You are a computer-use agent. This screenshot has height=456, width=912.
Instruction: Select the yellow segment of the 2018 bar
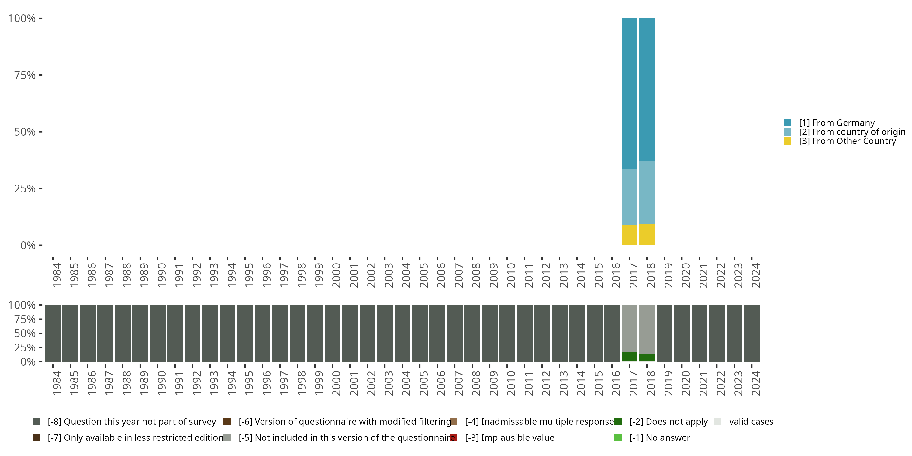tap(647, 234)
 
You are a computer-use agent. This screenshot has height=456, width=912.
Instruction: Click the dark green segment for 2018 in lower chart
tap(647, 358)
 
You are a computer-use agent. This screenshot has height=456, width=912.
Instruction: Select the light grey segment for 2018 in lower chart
tap(647, 329)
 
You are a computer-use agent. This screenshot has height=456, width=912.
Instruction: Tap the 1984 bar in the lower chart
tap(53, 333)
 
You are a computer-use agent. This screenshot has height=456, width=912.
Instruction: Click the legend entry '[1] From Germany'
tap(837, 123)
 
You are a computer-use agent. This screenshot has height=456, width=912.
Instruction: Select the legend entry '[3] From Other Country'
tap(847, 141)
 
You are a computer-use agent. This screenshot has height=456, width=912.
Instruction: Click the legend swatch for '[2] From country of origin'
tap(787, 132)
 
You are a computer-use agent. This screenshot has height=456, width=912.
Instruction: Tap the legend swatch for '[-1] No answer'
tap(618, 437)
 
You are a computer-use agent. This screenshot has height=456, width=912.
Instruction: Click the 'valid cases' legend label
tap(751, 422)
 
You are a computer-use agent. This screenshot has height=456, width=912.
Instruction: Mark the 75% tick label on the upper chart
tap(25, 75)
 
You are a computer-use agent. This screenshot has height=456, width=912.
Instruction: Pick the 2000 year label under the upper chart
tap(336, 275)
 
